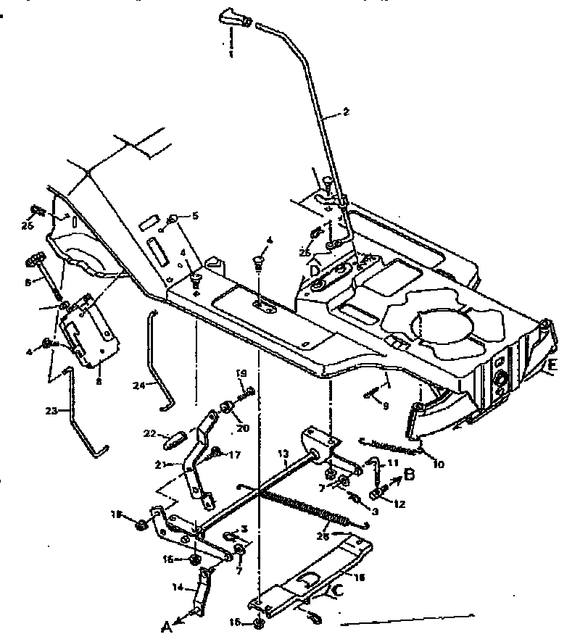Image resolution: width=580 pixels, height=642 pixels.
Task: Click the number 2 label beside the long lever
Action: tap(346, 112)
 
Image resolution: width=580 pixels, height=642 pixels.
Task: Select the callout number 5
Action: tap(194, 215)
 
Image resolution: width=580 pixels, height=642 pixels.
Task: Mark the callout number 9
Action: tap(386, 407)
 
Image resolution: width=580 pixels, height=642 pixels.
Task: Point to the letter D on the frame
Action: tap(314, 270)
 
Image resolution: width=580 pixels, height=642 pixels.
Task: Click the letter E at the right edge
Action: tap(552, 366)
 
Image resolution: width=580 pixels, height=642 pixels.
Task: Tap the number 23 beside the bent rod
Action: tap(51, 411)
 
